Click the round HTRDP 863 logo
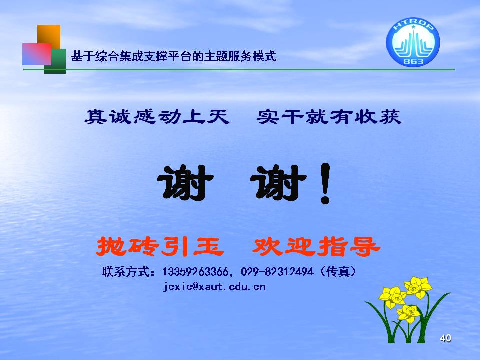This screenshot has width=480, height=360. pos(413,42)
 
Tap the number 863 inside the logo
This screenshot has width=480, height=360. pos(413,61)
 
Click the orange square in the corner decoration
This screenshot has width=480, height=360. pos(49,36)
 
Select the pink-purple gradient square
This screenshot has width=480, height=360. pos(37,54)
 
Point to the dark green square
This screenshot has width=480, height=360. pos(55,61)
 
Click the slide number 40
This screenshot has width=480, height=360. pos(445,338)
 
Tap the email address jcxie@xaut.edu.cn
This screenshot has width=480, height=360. pos(214,287)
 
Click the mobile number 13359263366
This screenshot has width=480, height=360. pos(195,271)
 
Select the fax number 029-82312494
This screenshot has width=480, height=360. pos(277,271)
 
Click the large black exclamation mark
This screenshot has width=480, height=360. pos(325,183)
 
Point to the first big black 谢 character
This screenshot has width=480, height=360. pos(185,183)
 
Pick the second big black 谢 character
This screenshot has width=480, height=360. pos(278,183)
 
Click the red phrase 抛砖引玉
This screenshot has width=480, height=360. pos(160,246)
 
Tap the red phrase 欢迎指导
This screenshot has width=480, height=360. pos(316,246)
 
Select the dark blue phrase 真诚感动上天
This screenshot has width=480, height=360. pos(157,117)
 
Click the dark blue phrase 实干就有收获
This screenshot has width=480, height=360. pos(329,117)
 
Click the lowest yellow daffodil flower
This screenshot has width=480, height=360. pos(408,314)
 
